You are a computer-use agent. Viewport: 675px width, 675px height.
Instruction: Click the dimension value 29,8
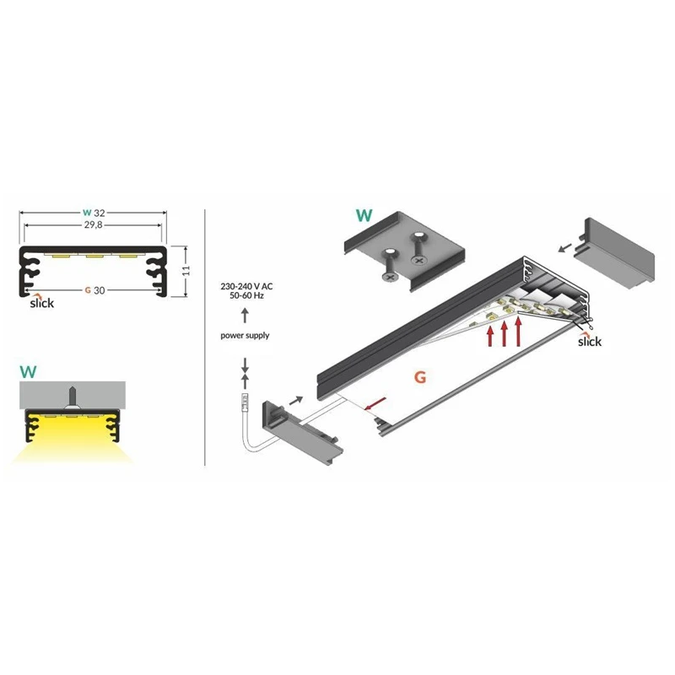click(93, 226)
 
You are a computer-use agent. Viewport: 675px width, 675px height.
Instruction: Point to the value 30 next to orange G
click(99, 290)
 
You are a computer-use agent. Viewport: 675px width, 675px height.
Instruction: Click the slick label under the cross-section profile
click(41, 303)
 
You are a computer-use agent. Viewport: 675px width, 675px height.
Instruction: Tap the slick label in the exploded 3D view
click(590, 342)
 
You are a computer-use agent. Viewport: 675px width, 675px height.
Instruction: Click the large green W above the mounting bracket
click(364, 215)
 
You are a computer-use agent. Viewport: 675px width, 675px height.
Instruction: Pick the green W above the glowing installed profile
click(28, 370)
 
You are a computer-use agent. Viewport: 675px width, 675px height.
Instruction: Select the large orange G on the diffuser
click(418, 377)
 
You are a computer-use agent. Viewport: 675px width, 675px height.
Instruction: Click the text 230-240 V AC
click(246, 288)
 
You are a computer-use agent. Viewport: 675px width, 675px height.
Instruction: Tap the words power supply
click(245, 335)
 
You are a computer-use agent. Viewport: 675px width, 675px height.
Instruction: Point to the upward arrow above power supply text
click(245, 316)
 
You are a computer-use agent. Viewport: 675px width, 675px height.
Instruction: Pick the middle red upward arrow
click(505, 332)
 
